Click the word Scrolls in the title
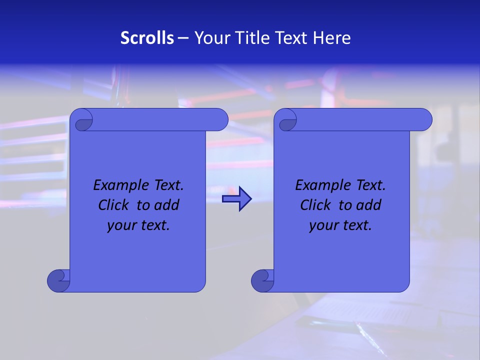[x=147, y=38]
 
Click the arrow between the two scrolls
[x=237, y=199]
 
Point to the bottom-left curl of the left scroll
[x=58, y=281]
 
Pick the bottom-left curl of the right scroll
[x=262, y=281]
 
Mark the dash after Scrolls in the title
[x=183, y=38]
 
